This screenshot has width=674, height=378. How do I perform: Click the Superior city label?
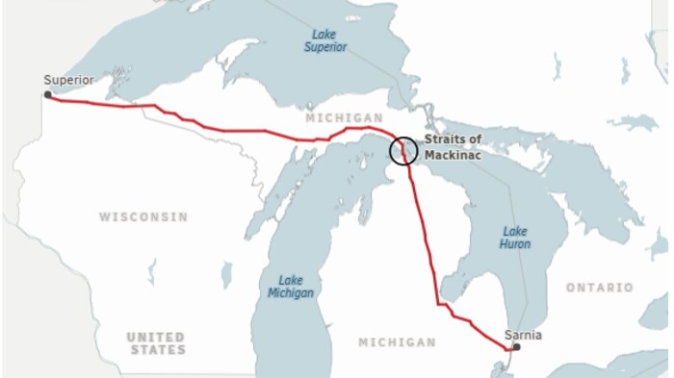click(69, 81)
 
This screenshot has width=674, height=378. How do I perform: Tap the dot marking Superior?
click(47, 94)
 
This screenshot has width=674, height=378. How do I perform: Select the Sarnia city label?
click(523, 335)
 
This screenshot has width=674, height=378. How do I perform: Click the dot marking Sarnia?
click(516, 347)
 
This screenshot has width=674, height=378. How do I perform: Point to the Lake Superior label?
click(324, 39)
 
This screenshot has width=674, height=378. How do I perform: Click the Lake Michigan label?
click(290, 287)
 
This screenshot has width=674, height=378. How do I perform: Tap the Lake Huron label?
click(515, 238)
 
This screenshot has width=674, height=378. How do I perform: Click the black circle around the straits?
click(404, 150)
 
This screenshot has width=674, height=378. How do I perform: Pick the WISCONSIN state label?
click(143, 217)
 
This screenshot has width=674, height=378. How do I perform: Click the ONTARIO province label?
click(600, 288)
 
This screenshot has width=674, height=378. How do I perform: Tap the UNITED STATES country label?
click(156, 343)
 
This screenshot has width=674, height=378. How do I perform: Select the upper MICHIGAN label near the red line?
click(336, 117)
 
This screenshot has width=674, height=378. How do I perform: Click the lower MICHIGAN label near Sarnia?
click(397, 342)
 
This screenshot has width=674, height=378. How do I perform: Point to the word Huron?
click(515, 244)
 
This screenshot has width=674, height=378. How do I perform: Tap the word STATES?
click(156, 350)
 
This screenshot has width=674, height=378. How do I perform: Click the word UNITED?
click(156, 337)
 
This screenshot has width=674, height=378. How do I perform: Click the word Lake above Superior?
click(324, 33)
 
